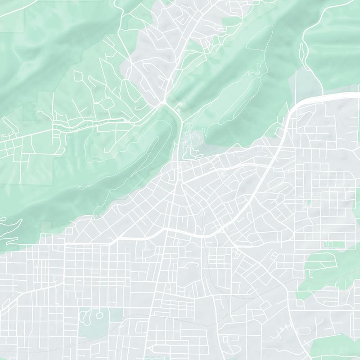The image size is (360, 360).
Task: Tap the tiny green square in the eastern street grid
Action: point(308,203)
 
